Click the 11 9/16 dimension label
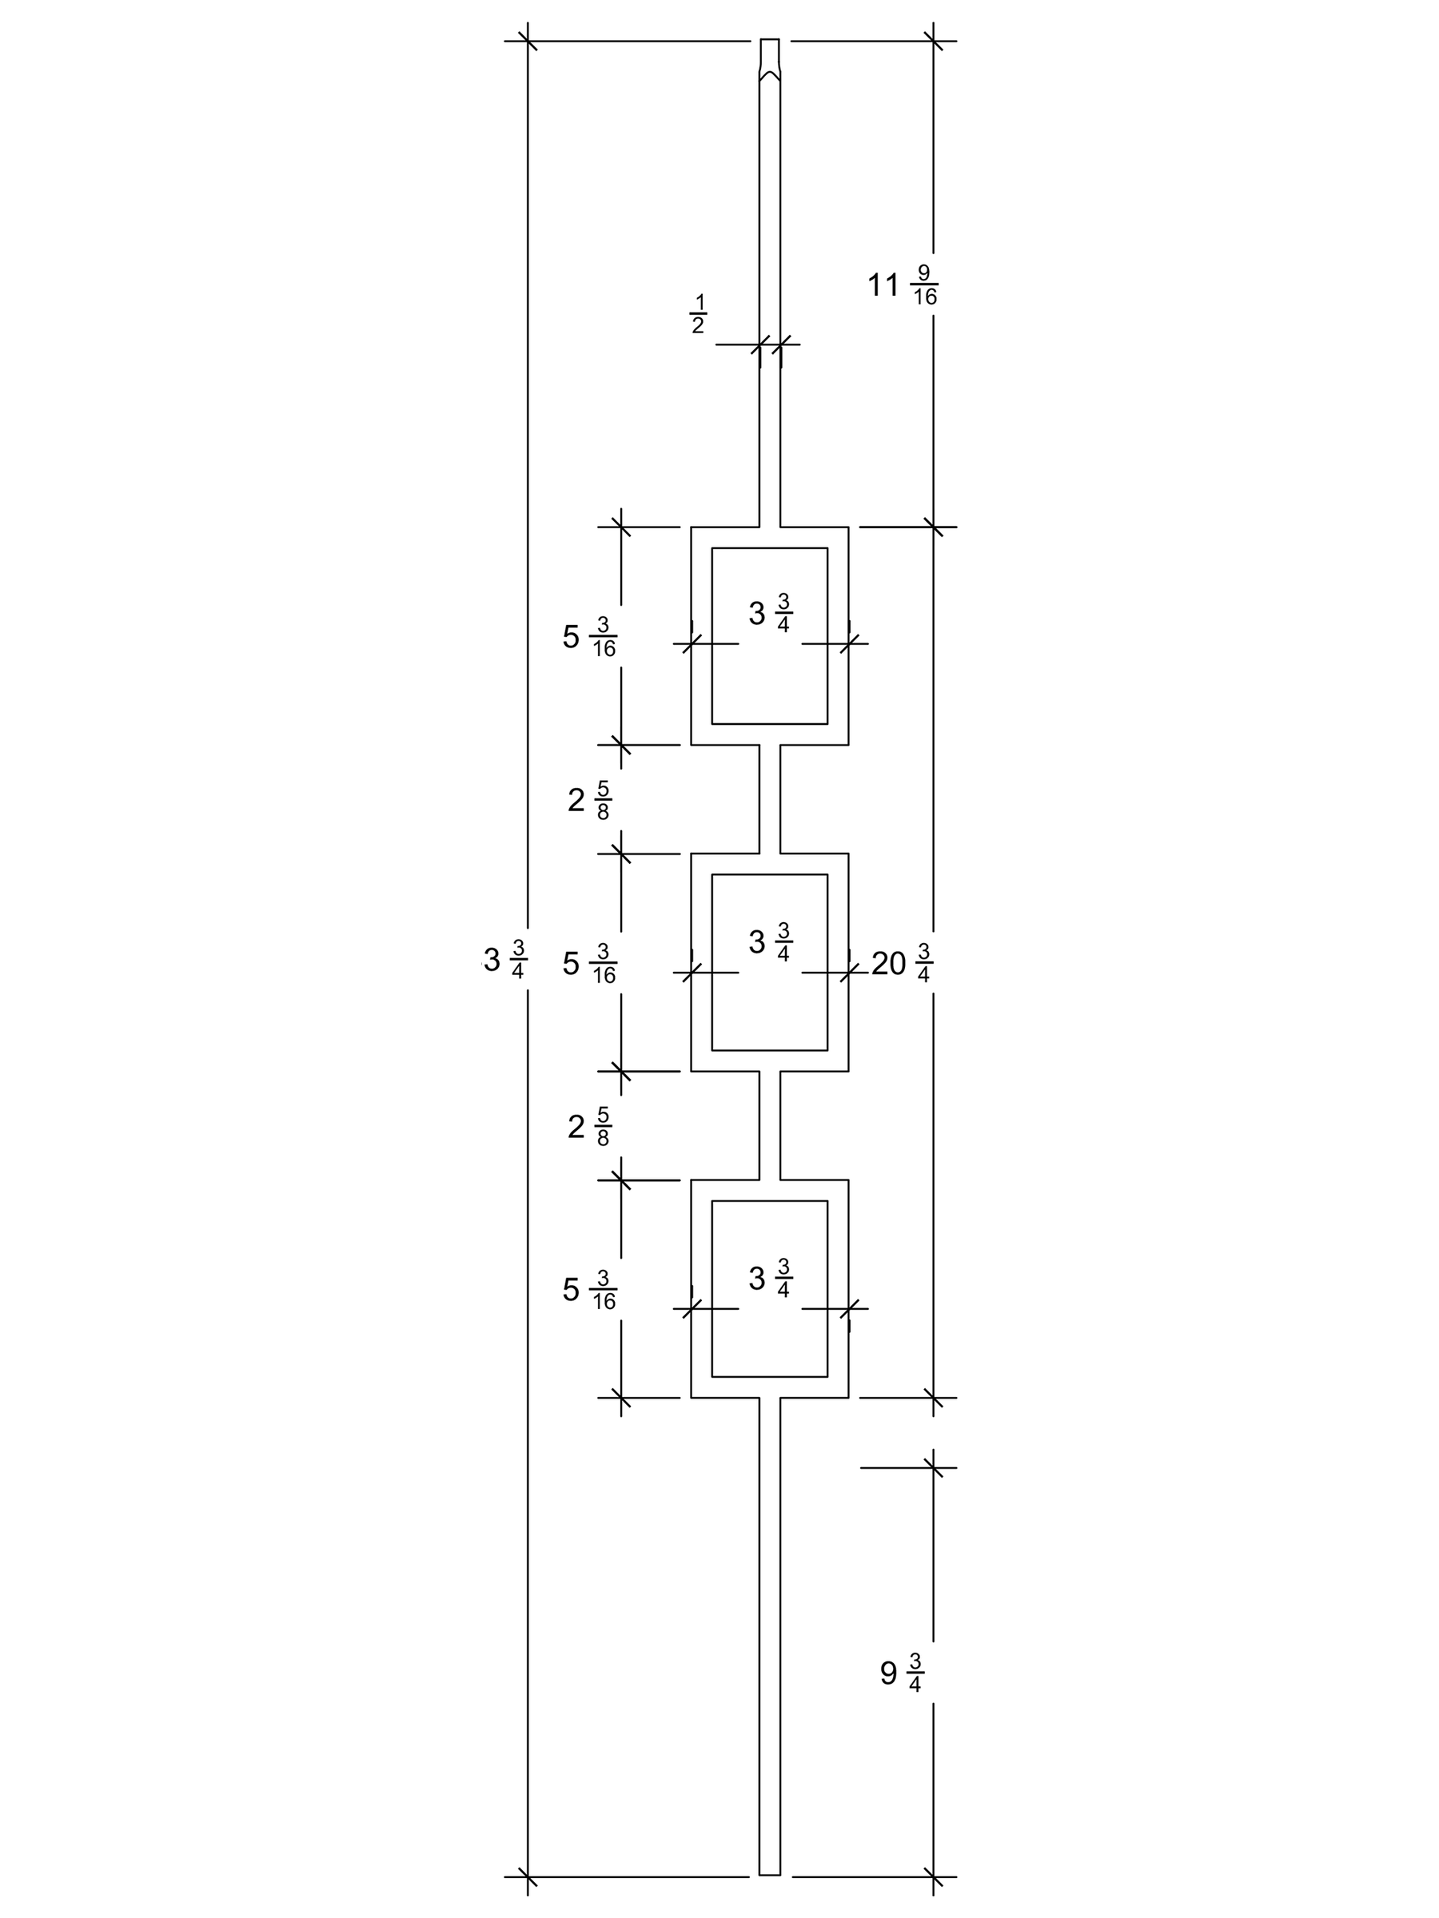click(902, 285)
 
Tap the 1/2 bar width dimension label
click(697, 315)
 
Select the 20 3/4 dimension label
click(902, 963)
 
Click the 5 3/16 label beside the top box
click(589, 636)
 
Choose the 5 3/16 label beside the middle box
click(589, 963)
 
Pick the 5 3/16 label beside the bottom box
click(589, 1289)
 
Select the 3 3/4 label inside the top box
click(770, 613)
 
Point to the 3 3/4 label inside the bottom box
click(770, 1278)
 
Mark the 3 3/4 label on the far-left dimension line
click(504, 960)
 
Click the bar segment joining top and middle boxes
click(769, 798)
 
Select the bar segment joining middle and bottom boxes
click(769, 1125)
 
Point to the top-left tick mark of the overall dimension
click(528, 41)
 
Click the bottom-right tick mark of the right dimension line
click(933, 1901)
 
